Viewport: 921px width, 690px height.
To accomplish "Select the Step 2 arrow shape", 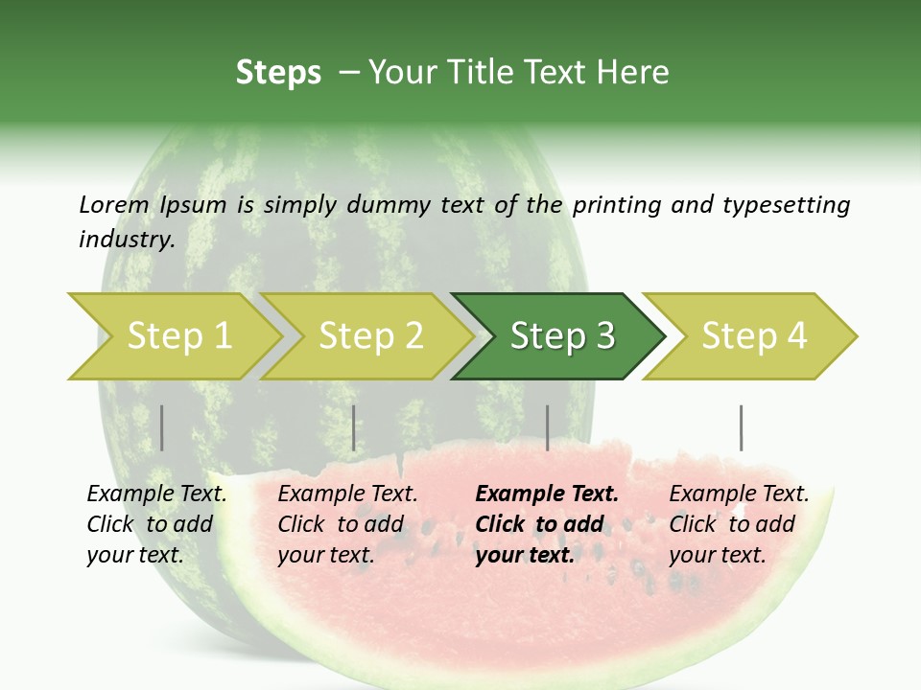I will point(370,336).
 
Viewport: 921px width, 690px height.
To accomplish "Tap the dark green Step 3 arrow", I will point(562,336).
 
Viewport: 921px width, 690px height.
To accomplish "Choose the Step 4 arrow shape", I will point(754,336).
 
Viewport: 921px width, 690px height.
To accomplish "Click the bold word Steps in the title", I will point(278,73).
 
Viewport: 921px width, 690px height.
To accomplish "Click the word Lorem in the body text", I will point(114,204).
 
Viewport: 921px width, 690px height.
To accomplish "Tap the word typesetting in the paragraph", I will point(786,205).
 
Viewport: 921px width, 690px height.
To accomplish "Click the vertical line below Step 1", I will point(162,427).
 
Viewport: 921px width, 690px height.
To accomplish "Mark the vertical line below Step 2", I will point(354,427).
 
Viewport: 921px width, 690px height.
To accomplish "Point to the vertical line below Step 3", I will point(547,427).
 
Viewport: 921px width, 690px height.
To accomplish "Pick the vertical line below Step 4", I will point(741,427).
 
